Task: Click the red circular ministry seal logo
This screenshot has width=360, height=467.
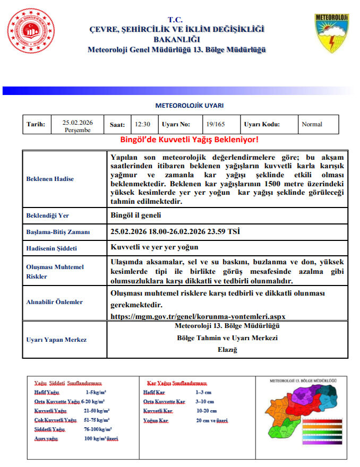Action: [30, 32]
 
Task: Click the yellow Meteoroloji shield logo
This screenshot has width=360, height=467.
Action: [332, 33]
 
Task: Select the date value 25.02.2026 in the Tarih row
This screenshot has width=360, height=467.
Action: [78, 123]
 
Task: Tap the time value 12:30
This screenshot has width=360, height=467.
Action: [142, 125]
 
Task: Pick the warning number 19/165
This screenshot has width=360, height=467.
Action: [215, 125]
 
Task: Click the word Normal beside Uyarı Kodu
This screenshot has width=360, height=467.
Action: [312, 125]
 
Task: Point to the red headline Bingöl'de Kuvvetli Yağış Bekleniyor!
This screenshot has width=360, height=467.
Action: [190, 140]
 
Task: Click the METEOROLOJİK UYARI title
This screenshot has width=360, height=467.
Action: [190, 106]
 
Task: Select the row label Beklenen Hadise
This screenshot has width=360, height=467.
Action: [50, 179]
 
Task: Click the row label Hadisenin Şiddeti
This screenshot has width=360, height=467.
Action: [52, 248]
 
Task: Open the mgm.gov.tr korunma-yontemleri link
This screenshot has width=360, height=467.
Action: [198, 316]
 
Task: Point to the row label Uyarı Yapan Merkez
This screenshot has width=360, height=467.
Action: [56, 340]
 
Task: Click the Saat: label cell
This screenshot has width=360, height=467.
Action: [117, 125]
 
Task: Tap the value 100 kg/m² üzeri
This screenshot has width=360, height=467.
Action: [101, 439]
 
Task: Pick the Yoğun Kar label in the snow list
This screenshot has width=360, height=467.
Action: [155, 420]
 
